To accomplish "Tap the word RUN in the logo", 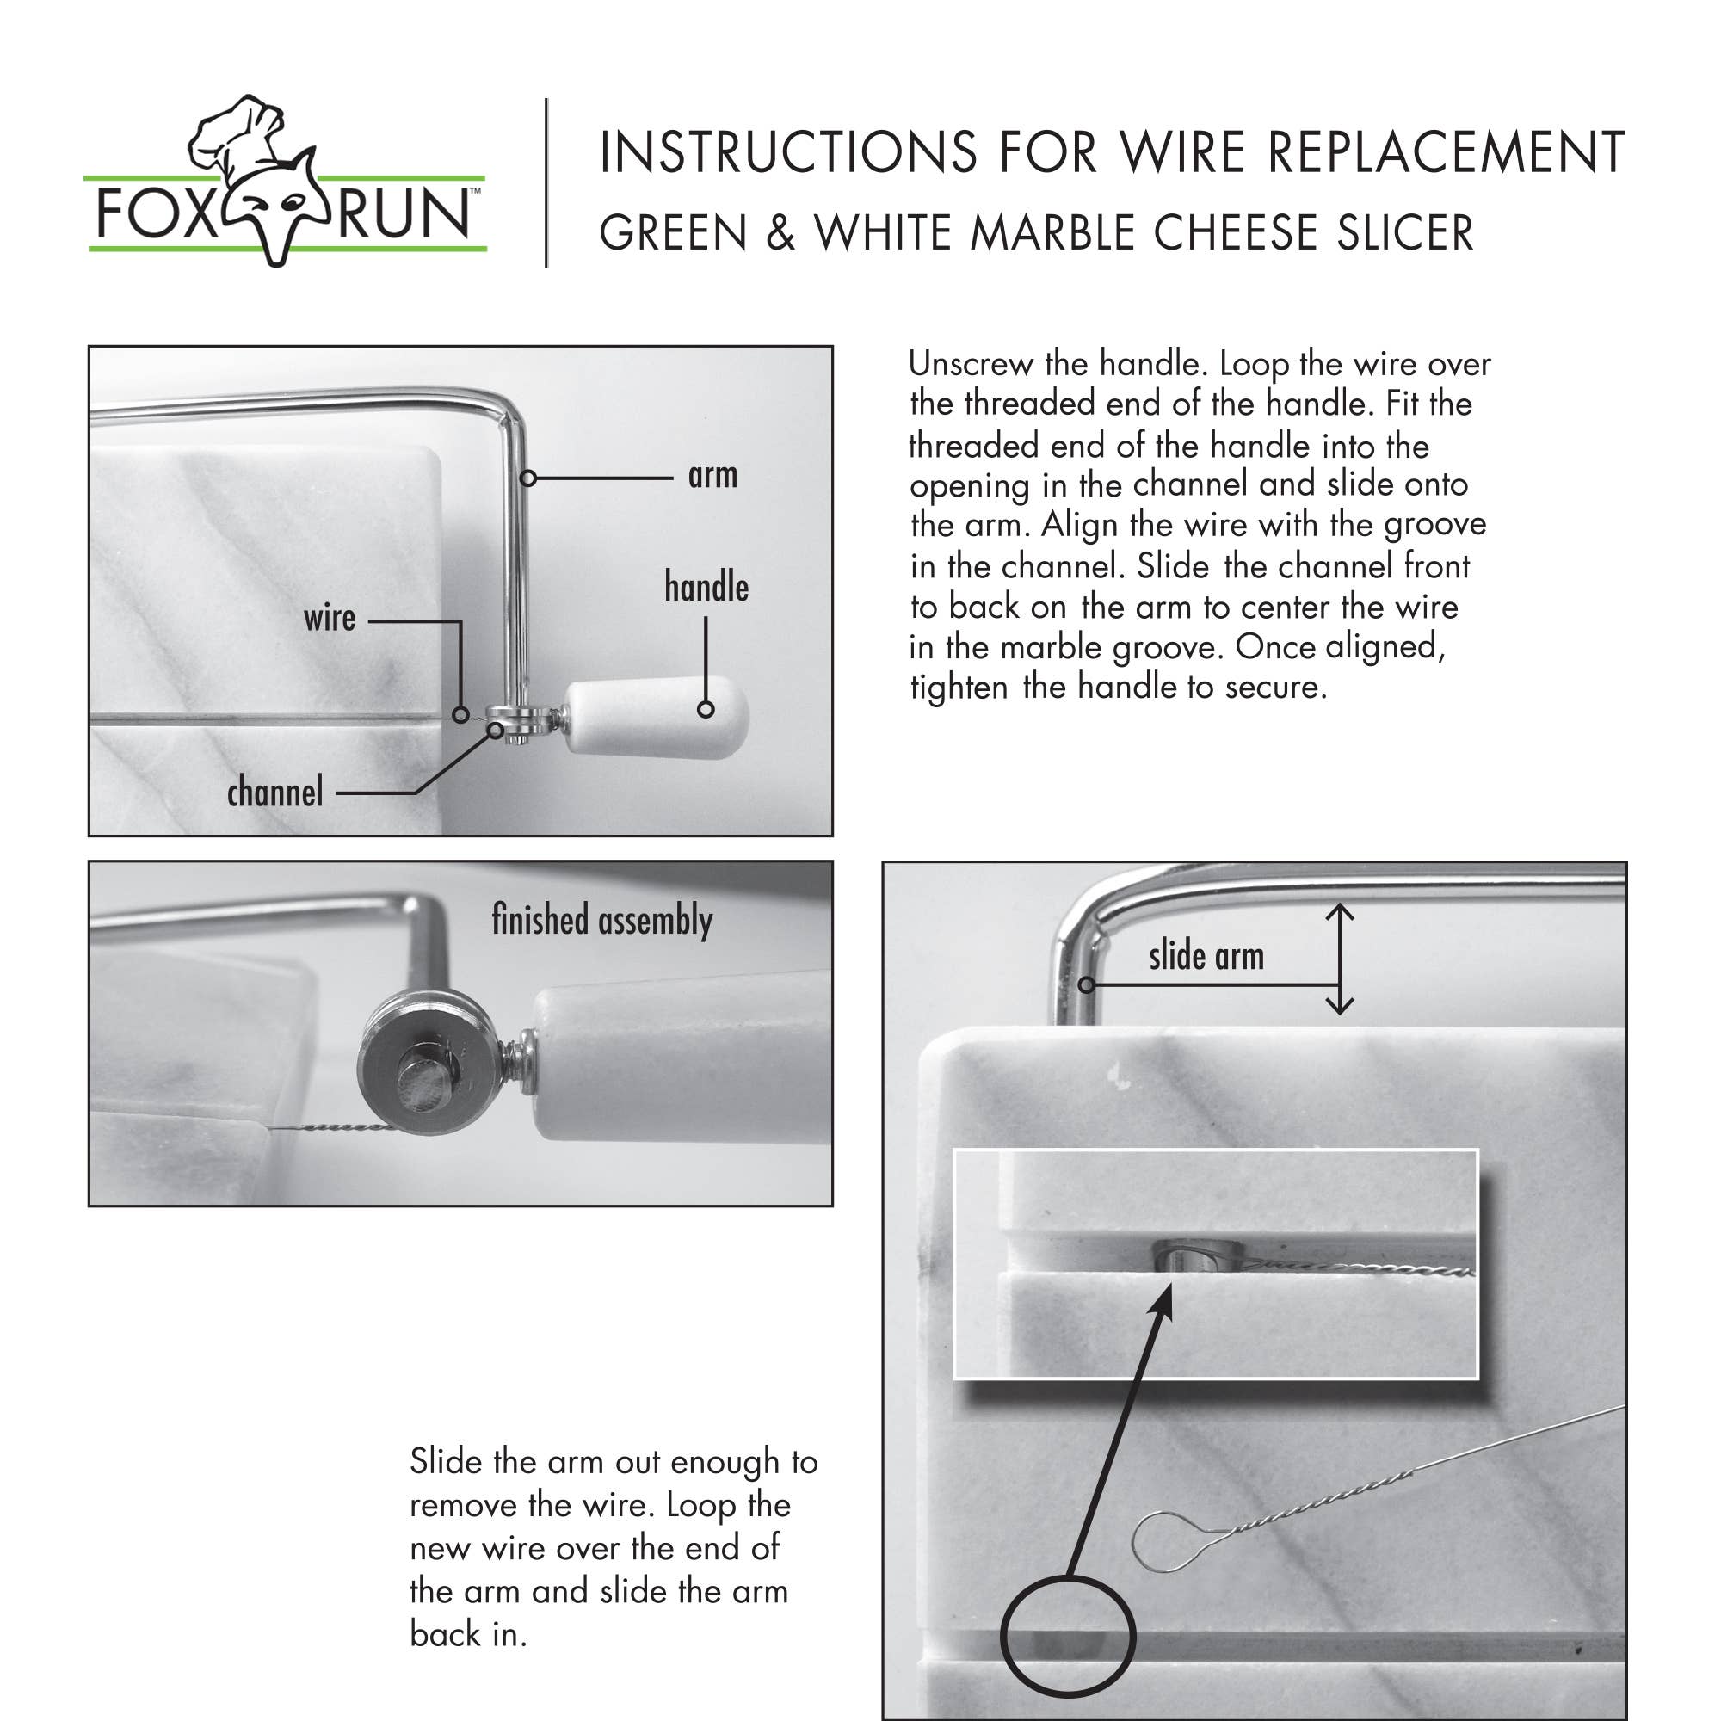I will click(403, 214).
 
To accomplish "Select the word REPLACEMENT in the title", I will click(1445, 152).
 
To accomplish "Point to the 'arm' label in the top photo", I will click(712, 476).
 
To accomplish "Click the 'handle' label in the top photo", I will click(706, 587).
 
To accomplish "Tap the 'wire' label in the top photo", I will click(329, 618).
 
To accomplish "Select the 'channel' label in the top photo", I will click(274, 792).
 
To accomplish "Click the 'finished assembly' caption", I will click(602, 919).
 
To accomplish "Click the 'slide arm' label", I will click(1206, 957).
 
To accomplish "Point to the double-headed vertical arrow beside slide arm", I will click(1340, 959).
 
